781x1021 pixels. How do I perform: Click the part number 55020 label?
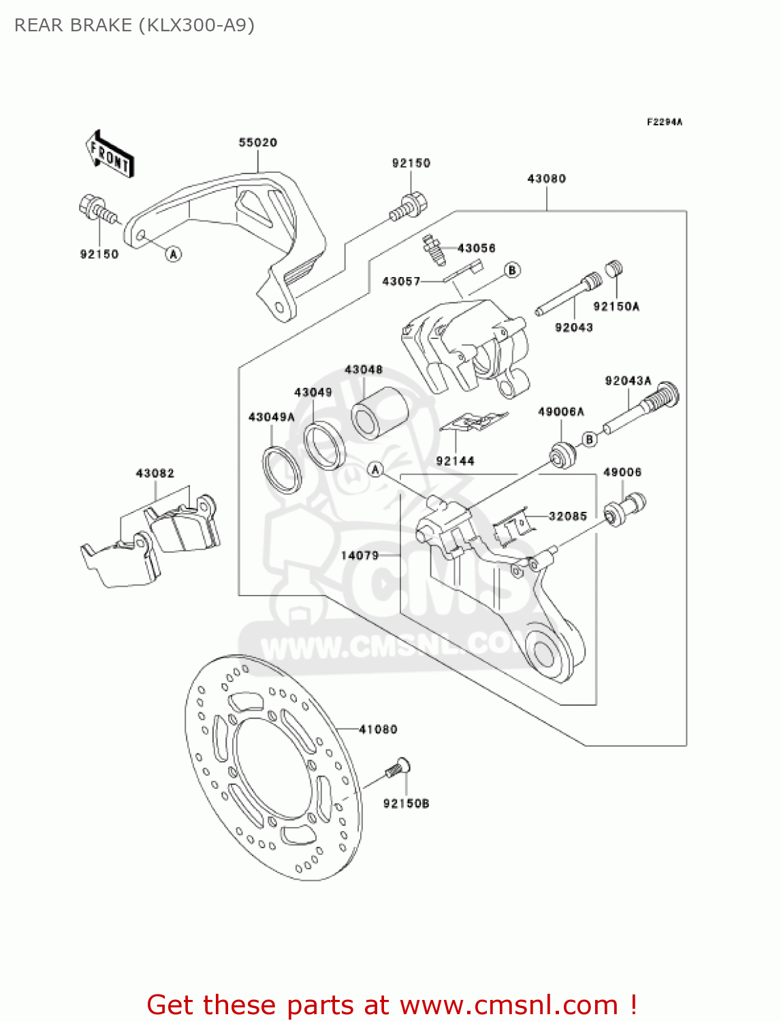click(257, 142)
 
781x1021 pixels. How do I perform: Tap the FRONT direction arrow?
click(110, 155)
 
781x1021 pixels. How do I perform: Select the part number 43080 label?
click(546, 178)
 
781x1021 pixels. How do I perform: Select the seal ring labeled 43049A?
click(281, 469)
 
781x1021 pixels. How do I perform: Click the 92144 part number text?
click(455, 461)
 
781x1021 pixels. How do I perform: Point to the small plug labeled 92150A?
click(614, 269)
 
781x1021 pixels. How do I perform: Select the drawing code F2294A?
click(664, 122)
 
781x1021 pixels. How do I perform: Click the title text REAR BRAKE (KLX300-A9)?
click(134, 25)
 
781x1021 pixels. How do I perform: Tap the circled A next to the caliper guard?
click(174, 254)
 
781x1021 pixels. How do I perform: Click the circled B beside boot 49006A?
click(590, 439)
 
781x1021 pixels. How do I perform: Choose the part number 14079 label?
click(360, 555)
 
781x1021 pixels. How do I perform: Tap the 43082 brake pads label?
click(155, 473)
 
